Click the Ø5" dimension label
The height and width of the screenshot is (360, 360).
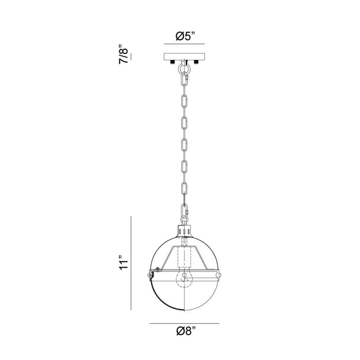185,36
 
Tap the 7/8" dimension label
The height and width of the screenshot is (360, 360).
123,54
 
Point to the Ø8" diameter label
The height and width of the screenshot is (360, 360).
186,331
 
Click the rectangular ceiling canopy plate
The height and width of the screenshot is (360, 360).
184,57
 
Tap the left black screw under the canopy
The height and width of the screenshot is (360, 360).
172,62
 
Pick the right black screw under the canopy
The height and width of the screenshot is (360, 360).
196,62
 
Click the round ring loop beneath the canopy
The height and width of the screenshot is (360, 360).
184,68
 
